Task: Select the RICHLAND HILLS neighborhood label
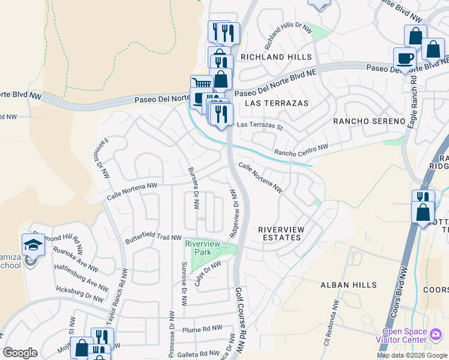(276, 57)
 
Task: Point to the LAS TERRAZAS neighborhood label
(277, 103)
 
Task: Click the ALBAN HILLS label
(348, 285)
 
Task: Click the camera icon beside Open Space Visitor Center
(436, 333)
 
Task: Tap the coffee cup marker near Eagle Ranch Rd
(405, 58)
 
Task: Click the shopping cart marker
(201, 85)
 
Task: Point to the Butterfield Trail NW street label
(153, 238)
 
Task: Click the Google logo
(20, 353)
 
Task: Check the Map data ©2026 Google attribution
(411, 355)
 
